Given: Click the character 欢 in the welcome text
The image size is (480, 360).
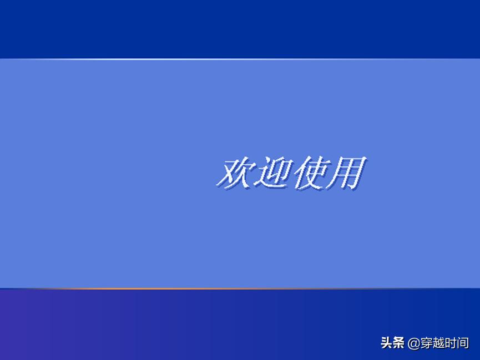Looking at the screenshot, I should (234, 173).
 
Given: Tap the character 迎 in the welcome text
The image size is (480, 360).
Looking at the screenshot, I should (272, 173).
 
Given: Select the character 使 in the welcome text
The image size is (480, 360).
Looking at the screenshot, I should (310, 173).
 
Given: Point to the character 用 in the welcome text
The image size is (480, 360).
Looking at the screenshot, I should (347, 173).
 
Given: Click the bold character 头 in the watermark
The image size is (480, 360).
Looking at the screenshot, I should (387, 343).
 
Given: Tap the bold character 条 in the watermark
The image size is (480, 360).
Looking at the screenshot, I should (399, 343).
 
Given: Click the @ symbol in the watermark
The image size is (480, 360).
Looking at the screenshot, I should (413, 344).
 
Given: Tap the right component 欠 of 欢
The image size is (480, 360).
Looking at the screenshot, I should (242, 173).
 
